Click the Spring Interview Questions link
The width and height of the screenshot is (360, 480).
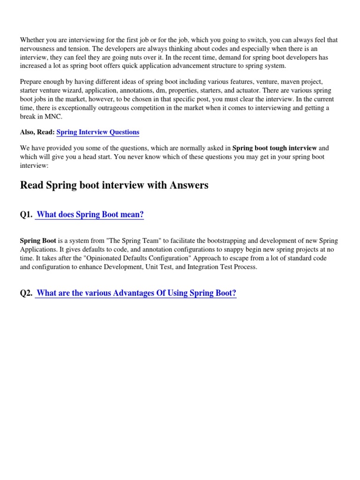tap(97, 132)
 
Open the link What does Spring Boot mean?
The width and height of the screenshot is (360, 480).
tap(90, 215)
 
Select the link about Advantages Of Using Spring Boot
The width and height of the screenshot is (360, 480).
tap(136, 293)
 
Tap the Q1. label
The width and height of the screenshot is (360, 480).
tap(26, 215)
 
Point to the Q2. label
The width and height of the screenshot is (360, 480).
tap(26, 293)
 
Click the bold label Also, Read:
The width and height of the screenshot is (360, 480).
tap(37, 132)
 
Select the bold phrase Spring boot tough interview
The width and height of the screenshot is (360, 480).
tap(275, 148)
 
